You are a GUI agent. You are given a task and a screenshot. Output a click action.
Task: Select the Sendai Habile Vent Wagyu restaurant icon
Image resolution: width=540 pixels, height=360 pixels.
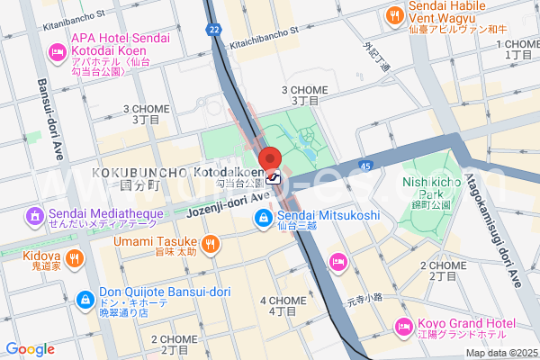click(394, 15)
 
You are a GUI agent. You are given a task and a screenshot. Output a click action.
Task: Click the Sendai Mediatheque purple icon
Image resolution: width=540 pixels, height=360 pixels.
click(35, 216)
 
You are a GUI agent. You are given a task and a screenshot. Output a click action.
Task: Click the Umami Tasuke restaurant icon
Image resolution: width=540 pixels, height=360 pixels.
click(210, 242)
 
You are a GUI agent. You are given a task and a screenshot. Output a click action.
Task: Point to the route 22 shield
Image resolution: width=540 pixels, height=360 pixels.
click(213, 30)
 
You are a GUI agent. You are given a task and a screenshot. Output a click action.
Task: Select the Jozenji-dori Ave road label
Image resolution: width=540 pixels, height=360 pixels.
click(229, 204)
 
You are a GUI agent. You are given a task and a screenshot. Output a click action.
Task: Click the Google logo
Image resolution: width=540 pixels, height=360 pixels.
click(30, 349)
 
